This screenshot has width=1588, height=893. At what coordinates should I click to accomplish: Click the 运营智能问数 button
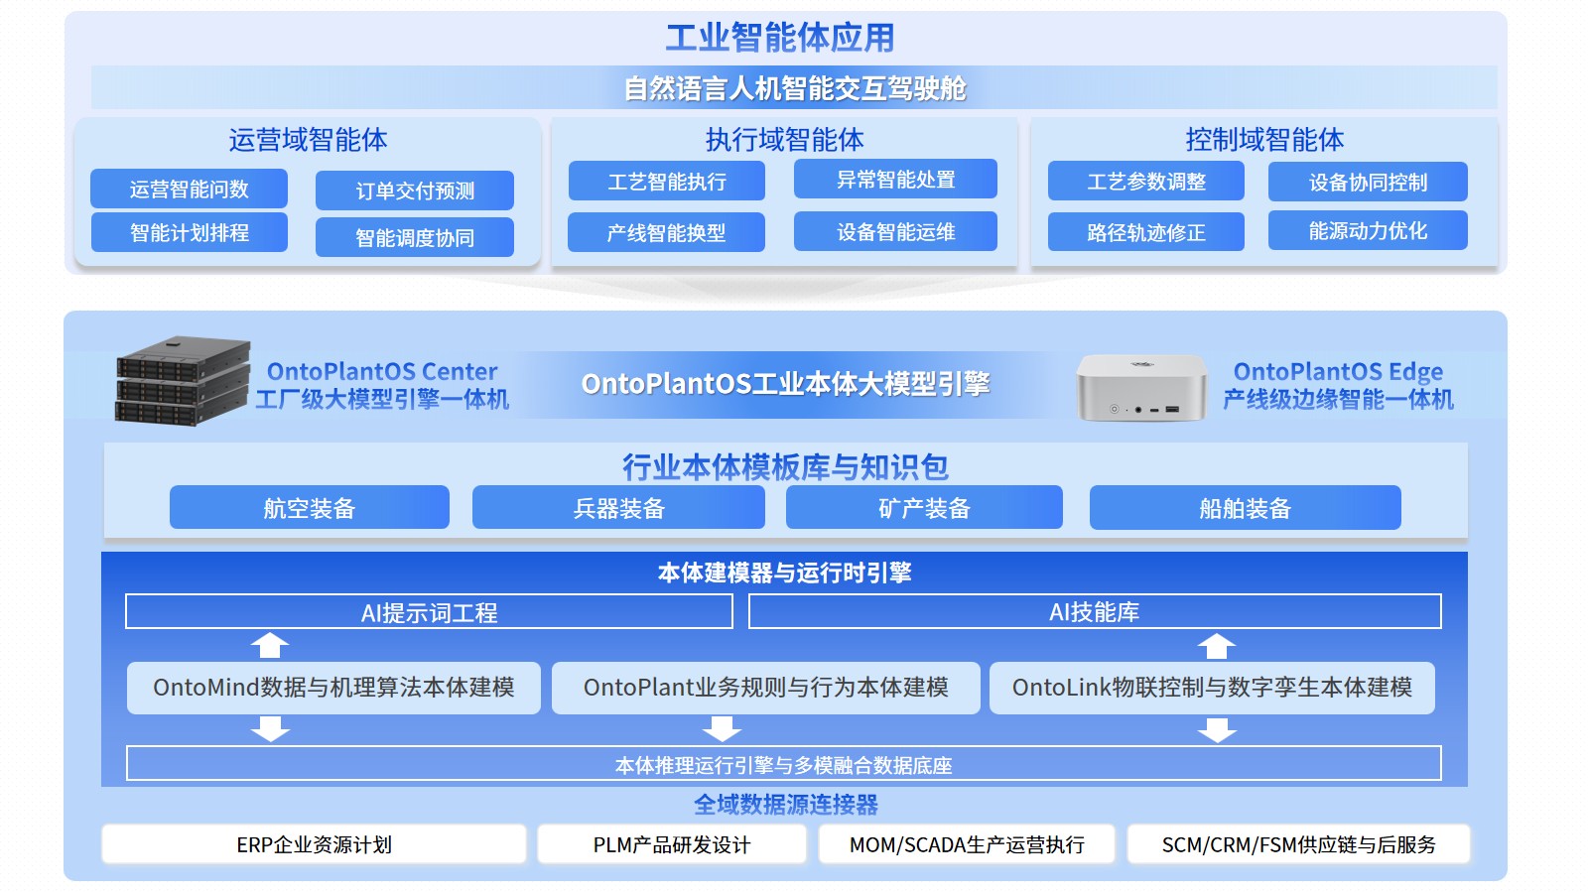click(x=189, y=189)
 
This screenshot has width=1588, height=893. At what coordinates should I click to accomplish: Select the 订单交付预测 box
click(x=415, y=191)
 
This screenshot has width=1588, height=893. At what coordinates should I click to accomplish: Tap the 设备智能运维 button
click(x=895, y=232)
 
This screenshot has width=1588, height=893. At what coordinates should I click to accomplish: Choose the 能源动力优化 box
click(x=1368, y=231)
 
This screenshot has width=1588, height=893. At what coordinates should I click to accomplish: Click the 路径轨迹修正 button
click(x=1145, y=233)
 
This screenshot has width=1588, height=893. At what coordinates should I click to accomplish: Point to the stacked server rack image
click(x=182, y=381)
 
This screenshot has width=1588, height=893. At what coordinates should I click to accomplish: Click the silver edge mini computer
click(x=1141, y=388)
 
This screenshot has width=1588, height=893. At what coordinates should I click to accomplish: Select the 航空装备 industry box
click(x=309, y=508)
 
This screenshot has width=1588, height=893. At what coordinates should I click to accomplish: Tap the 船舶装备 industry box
click(x=1245, y=508)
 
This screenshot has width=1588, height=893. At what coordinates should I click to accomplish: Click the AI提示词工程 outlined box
click(x=429, y=612)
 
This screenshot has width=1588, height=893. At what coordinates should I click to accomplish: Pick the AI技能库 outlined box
click(x=1094, y=612)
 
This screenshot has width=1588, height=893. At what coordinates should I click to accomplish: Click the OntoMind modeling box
click(x=333, y=688)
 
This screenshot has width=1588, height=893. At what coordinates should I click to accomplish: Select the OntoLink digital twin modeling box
click(x=1212, y=688)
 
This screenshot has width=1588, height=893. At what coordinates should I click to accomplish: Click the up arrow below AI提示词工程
click(x=270, y=646)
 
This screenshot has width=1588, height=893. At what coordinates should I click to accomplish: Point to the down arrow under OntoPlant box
click(x=722, y=730)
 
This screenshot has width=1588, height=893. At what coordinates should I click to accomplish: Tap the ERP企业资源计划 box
click(x=314, y=844)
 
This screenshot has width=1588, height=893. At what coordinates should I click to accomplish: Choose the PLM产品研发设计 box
click(x=672, y=844)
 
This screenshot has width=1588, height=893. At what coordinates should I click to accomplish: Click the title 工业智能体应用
click(x=780, y=38)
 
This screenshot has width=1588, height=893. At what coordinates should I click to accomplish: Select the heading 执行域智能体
click(x=784, y=140)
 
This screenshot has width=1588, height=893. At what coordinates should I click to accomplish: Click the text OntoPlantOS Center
click(x=382, y=372)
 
